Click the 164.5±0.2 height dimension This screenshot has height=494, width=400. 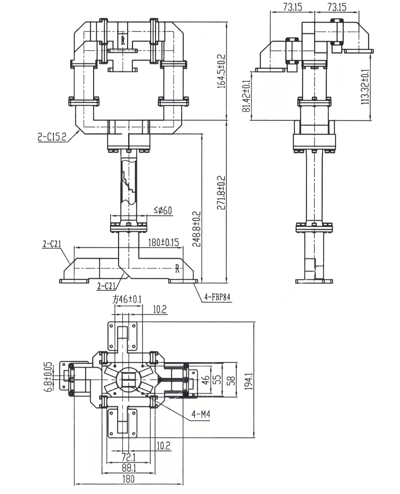tap(221, 71)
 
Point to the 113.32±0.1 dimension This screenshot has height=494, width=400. tap(365, 87)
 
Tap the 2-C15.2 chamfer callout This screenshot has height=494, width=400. tap(52, 137)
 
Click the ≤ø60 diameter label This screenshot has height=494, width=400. tap(163, 210)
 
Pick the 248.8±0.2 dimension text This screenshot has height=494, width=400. tap(197, 229)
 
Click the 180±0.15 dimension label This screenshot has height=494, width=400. tap(163, 242)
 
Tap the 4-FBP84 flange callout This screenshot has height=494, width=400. tap(217, 297)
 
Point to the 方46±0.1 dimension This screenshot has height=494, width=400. tap(127, 300)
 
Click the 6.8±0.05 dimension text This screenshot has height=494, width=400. tap(48, 377)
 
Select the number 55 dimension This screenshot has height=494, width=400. tap(218, 379)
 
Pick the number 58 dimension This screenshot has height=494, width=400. tap(231, 380)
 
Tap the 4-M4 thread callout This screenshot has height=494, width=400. tap(201, 414)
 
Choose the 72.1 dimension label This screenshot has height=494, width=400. tap(128, 458)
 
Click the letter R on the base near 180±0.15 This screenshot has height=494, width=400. tap(177, 268)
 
